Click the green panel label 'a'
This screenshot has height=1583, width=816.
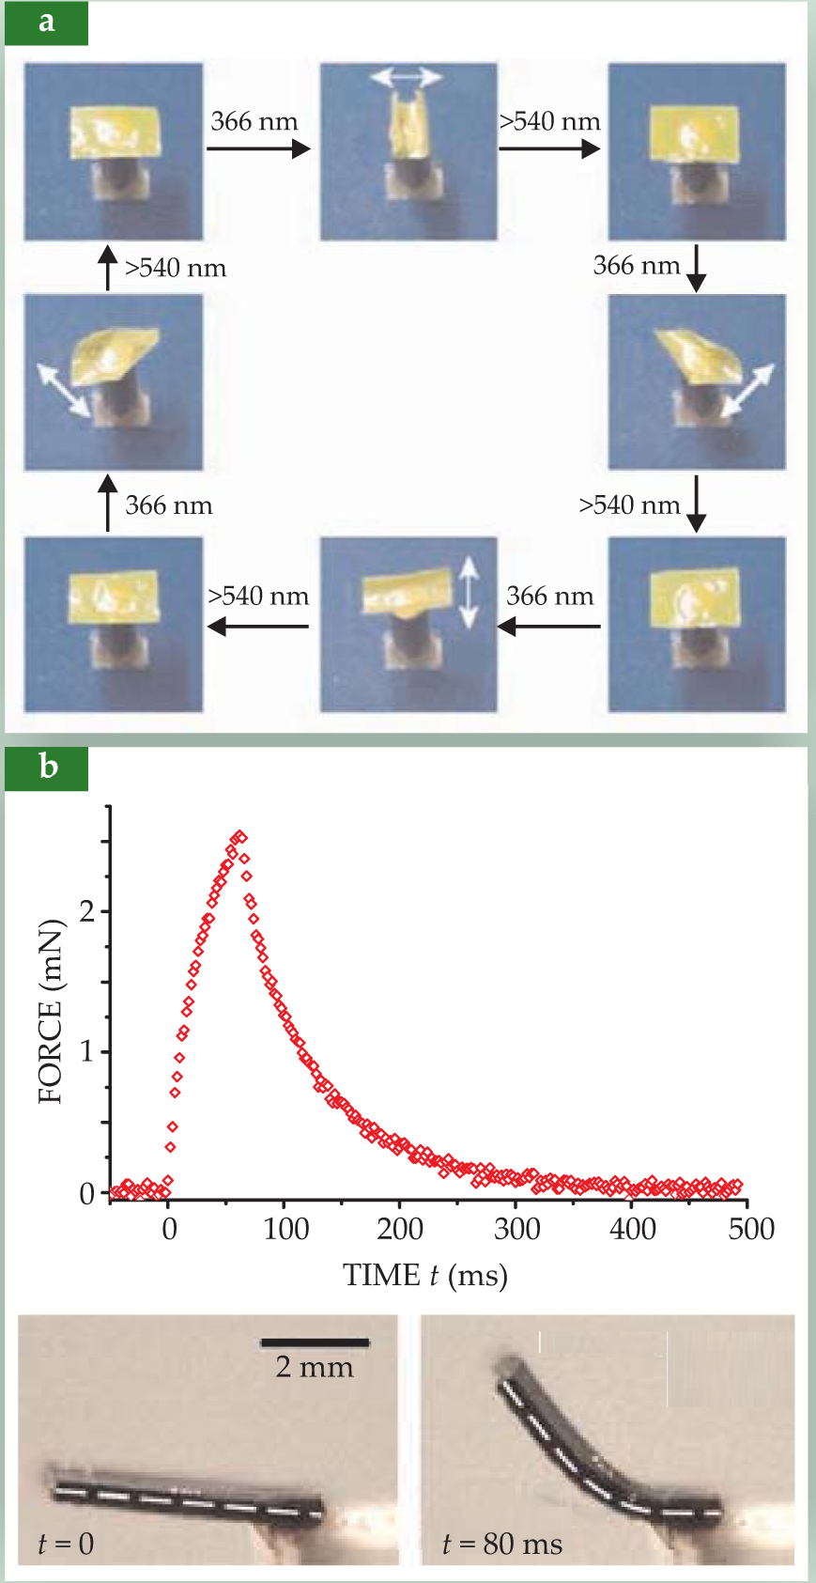[x=46, y=23]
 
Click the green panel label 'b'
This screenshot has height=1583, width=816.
[x=47, y=768]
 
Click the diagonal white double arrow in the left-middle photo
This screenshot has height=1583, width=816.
[x=63, y=390]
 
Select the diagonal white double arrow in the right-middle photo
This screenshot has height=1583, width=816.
[x=748, y=389]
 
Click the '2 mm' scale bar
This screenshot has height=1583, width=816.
[x=315, y=1343]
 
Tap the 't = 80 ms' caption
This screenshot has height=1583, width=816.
[x=501, y=1544]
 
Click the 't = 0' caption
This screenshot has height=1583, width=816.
[x=66, y=1544]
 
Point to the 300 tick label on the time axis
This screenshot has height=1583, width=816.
[x=517, y=1230]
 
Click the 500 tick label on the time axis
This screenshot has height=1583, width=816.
[x=751, y=1230]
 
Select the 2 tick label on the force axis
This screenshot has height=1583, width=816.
[x=87, y=911]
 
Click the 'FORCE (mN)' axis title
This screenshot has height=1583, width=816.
[x=51, y=1012]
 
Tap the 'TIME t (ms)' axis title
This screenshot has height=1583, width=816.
[x=425, y=1276]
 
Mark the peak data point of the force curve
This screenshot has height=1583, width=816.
[x=240, y=835]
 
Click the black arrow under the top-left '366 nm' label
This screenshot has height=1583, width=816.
[x=257, y=148]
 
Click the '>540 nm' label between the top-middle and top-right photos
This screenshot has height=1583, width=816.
[x=549, y=121]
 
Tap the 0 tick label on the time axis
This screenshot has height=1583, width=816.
[x=169, y=1230]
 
